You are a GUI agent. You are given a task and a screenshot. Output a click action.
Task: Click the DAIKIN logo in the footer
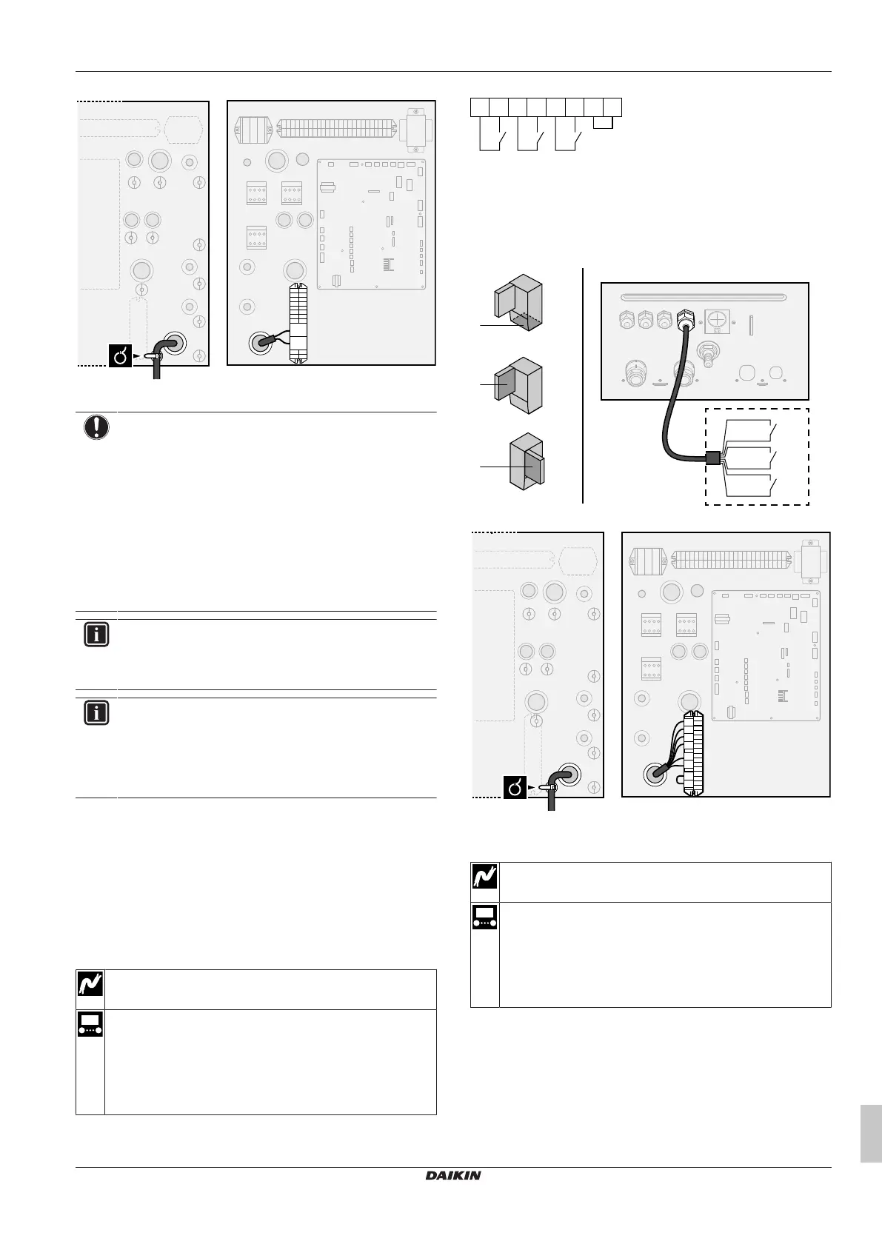pyautogui.click(x=452, y=1175)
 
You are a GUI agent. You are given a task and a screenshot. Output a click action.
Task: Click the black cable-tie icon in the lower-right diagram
pyautogui.click(x=515, y=787)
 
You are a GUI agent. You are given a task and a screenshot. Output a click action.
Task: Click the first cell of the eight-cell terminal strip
pyautogui.click(x=479, y=107)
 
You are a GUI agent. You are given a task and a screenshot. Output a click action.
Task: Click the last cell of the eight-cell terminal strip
pyautogui.click(x=612, y=107)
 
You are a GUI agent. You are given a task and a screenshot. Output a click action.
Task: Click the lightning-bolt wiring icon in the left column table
pyautogui.click(x=90, y=984)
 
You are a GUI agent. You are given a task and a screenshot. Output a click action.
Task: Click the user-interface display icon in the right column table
pyautogui.click(x=485, y=917)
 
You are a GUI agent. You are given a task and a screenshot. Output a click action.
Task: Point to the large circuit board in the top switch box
pyautogui.click(x=372, y=223)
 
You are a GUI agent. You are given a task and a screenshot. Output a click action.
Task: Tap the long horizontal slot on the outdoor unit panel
pyautogui.click(x=704, y=296)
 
